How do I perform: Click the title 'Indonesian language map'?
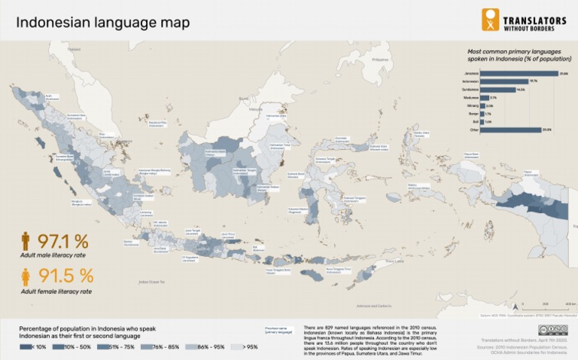click(x=103, y=22)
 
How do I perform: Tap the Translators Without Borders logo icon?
click(x=490, y=20)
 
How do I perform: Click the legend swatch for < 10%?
click(x=26, y=347)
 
